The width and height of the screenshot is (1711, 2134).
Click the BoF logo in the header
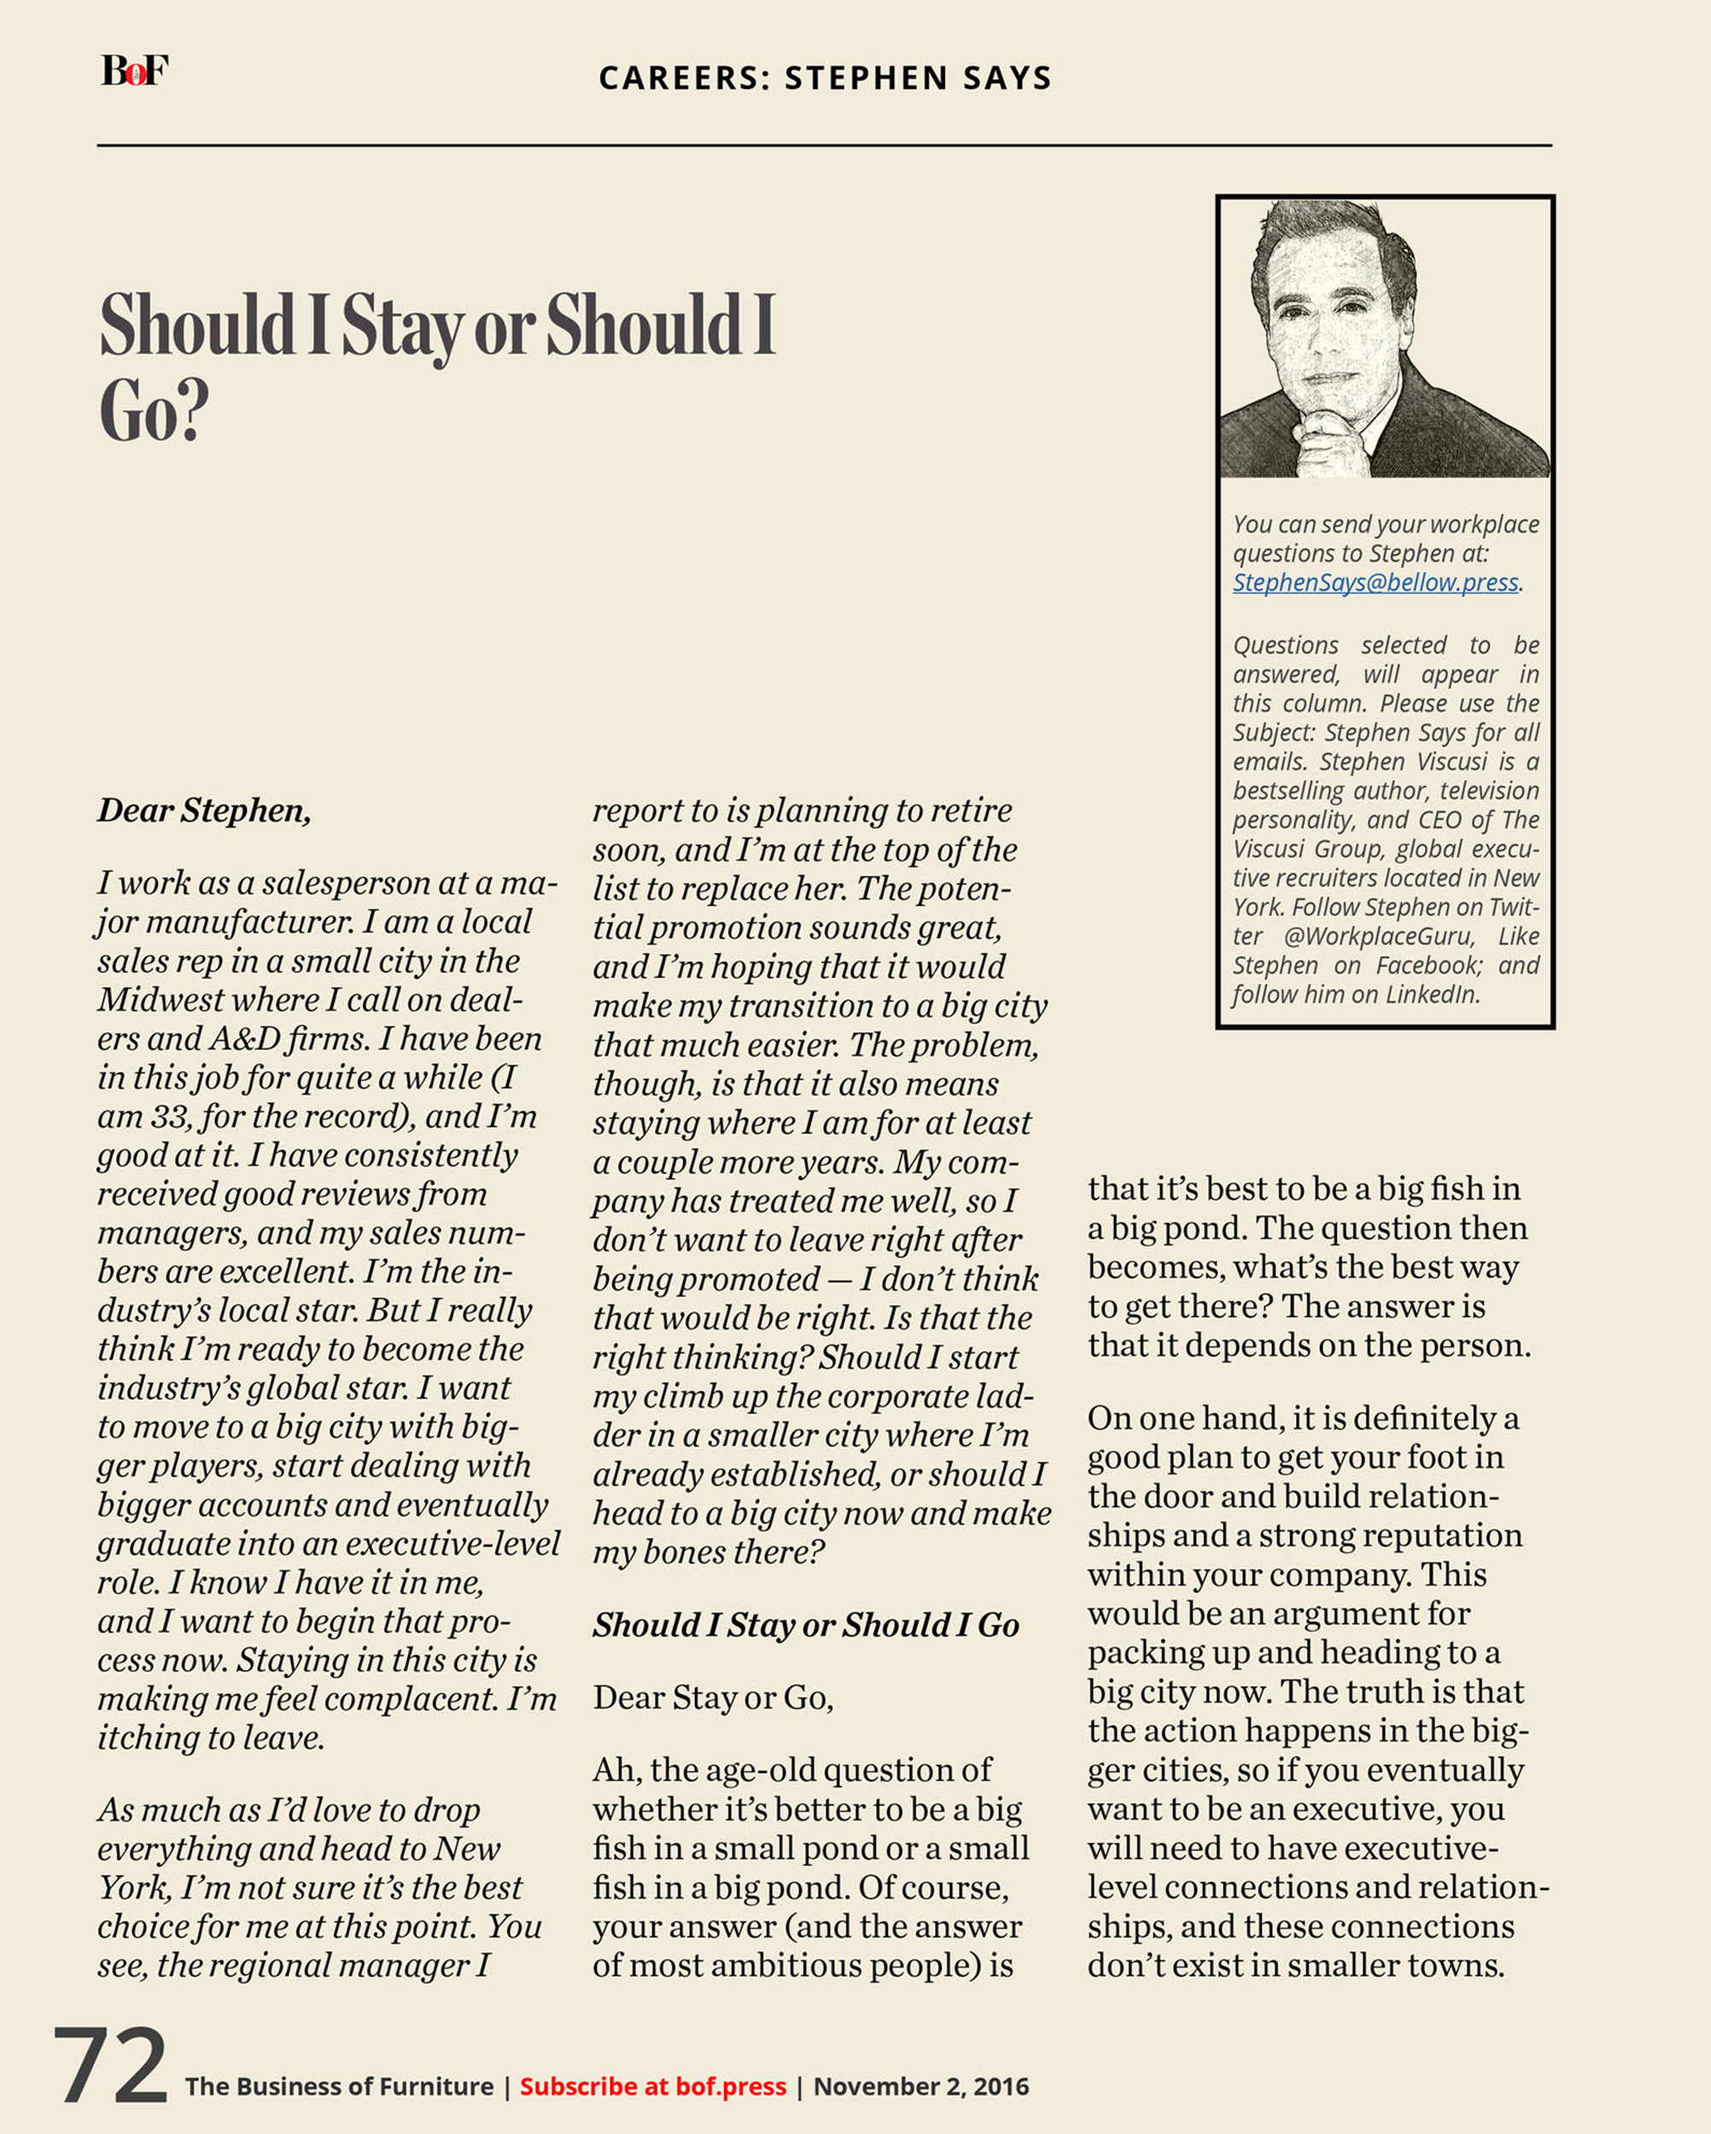coord(135,71)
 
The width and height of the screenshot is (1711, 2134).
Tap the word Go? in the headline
coord(155,411)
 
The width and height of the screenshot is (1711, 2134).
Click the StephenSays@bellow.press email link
coord(1375,583)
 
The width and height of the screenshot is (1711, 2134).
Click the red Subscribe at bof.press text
coord(652,2086)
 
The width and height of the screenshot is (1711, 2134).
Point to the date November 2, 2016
coord(921,2086)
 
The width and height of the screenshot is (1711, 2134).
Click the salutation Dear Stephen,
coord(204,811)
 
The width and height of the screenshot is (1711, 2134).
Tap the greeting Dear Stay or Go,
coord(713,1698)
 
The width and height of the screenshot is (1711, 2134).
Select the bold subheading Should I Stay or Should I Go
coord(806,1625)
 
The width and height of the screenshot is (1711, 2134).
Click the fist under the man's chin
coord(1332,446)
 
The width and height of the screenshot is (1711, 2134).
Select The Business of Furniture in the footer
coord(339,2086)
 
